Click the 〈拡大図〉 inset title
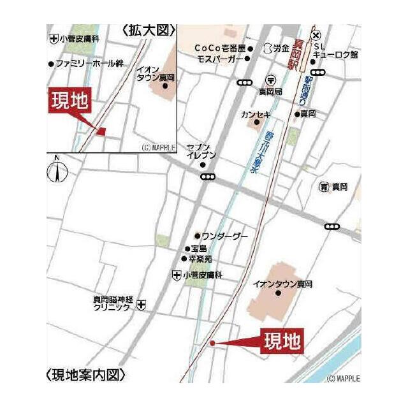[148, 31]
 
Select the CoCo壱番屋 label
[219, 48]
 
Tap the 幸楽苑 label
[200, 259]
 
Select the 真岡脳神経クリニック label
[112, 302]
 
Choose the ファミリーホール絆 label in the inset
[89, 64]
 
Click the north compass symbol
[57, 171]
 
